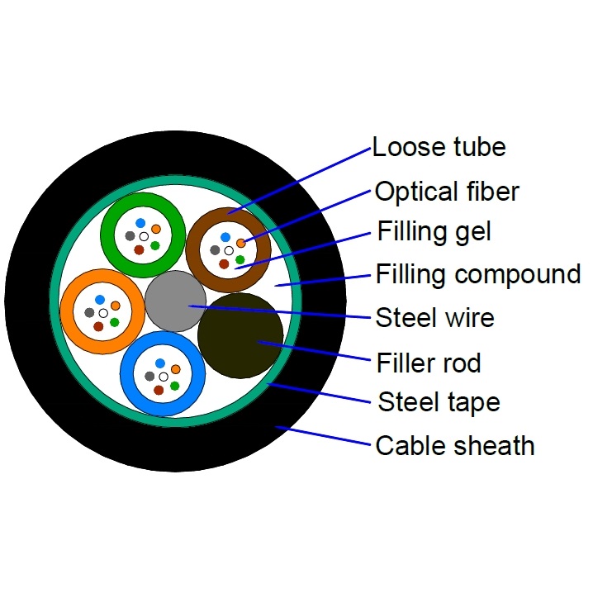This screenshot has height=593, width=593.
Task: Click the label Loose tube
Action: click(439, 148)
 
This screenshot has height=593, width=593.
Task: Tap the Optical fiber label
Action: click(447, 192)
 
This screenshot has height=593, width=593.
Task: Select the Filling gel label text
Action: click(434, 231)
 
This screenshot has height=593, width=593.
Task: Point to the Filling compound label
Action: click(478, 273)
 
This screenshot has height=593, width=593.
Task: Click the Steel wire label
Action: click(434, 317)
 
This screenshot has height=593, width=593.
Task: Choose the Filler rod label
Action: click(428, 362)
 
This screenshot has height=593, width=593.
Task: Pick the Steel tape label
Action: click(439, 402)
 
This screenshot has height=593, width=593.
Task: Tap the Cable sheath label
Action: click(455, 446)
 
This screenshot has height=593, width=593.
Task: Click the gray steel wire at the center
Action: click(176, 302)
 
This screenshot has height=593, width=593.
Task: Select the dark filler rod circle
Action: click(240, 334)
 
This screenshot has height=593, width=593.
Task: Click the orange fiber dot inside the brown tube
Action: click(240, 242)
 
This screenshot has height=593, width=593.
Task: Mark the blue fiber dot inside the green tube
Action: click(140, 224)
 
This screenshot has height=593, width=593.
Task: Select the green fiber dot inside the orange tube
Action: click(114, 322)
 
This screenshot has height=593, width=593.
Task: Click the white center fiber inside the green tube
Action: click(144, 237)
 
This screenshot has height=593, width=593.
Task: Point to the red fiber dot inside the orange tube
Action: click(98, 326)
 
